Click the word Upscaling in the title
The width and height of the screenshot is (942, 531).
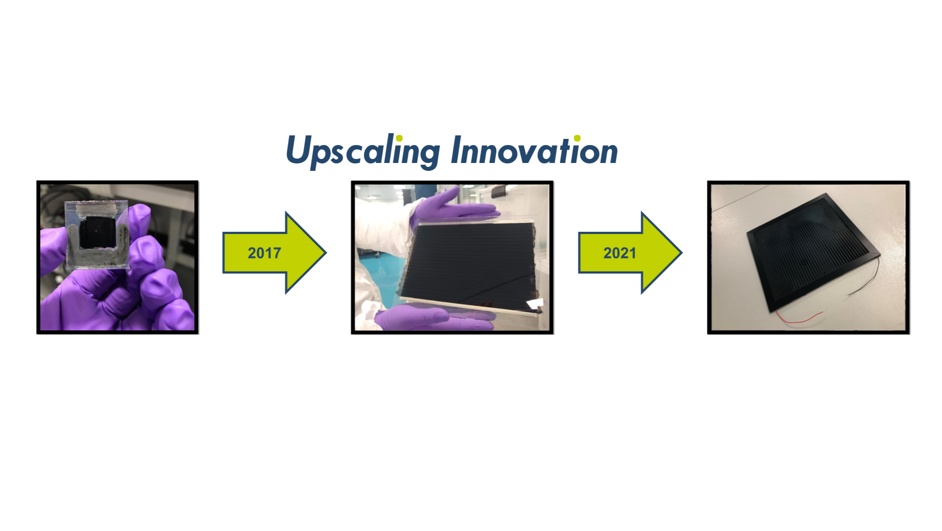point(363,151)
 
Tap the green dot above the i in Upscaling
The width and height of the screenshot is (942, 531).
point(399,138)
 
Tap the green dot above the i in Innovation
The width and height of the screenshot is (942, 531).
point(577,138)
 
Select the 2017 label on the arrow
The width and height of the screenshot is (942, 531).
point(264,253)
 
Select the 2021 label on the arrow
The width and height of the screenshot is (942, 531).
point(620,253)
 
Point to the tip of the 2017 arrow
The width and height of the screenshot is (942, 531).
point(326,252)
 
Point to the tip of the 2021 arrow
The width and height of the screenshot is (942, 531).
point(682,252)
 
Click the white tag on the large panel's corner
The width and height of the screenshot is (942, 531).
point(535,304)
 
